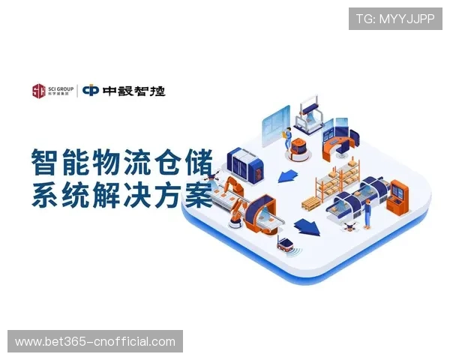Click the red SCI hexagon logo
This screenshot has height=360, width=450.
38,91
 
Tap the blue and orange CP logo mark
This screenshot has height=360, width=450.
91,91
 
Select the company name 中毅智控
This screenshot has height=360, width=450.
134,91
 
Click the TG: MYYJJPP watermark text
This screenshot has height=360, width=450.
395,18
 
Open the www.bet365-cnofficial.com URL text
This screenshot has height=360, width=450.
95,342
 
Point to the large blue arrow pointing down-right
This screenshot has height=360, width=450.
304,225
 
